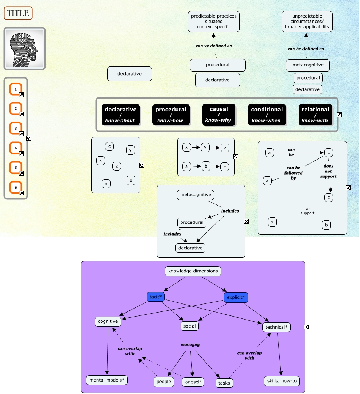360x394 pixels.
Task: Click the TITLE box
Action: tap(18, 13)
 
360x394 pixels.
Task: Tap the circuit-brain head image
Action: tap(24, 49)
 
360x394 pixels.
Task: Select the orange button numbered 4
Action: tap(16, 148)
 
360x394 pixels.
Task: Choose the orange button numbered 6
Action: tap(16, 187)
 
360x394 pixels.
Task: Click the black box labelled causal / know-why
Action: tap(219, 115)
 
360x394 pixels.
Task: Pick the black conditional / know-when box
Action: tap(267, 115)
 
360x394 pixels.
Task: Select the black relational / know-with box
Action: tap(315, 115)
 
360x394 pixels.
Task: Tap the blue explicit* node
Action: tap(236, 297)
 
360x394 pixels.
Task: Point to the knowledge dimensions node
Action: tap(193, 271)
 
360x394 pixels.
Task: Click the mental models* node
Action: tap(107, 380)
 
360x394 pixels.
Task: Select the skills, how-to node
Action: tap(282, 381)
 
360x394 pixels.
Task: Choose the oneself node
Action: tap(193, 382)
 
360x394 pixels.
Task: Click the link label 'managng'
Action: tap(190, 344)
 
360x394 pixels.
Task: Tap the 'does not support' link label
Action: tap(328, 171)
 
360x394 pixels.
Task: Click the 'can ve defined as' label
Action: tap(214, 46)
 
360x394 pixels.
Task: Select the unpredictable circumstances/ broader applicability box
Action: tap(307, 22)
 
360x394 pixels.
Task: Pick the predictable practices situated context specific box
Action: tap(214, 21)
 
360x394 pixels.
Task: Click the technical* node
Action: tap(276, 327)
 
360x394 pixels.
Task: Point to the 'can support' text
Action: tap(307, 211)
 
